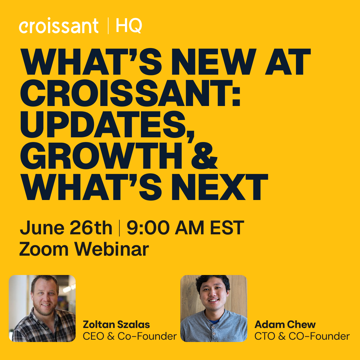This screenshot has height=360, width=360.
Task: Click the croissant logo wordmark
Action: (x=59, y=25)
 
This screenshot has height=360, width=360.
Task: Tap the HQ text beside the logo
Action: (x=129, y=26)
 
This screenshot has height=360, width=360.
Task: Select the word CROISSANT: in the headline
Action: (x=130, y=93)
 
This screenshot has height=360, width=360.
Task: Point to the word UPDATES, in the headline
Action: (x=107, y=125)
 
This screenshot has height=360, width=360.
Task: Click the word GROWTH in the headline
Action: (x=101, y=156)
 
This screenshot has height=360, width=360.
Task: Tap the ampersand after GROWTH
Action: (x=204, y=156)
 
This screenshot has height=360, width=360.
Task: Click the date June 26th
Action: (x=66, y=228)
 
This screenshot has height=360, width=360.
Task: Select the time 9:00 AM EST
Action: (x=185, y=228)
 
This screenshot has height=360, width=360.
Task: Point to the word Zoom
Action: (x=44, y=249)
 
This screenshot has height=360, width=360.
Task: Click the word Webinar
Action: (x=112, y=249)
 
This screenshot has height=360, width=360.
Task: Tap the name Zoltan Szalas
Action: (x=116, y=325)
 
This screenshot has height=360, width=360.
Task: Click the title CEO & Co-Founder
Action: (x=130, y=336)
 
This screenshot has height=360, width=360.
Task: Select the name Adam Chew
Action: (x=285, y=325)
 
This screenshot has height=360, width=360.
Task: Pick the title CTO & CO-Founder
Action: (x=302, y=336)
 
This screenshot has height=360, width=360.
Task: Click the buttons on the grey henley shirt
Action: (x=214, y=331)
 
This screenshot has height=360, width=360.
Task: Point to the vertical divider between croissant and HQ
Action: (x=108, y=26)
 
